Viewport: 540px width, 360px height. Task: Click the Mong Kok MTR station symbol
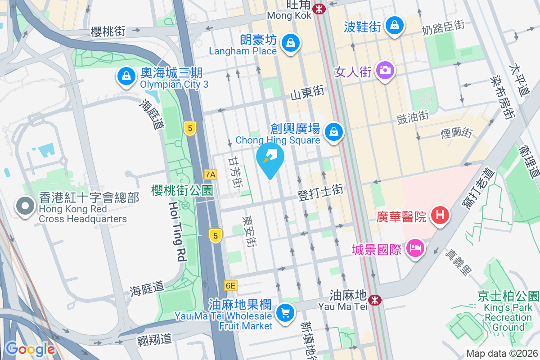pos(319,9)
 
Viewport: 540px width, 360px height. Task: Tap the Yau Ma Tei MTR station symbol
pos(374,300)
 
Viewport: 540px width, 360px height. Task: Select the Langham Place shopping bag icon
pos(291,43)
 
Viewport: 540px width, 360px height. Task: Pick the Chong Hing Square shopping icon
pos(334,132)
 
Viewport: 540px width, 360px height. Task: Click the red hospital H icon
pos(440,216)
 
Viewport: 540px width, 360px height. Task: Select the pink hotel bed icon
pos(414,247)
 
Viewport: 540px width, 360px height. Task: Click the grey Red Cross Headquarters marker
pos(24,207)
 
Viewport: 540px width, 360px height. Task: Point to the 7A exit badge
pos(210,174)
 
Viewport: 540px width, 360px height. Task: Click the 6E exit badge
pos(230,285)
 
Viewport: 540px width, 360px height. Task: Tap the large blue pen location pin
pos(270,158)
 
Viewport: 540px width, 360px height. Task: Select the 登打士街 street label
pos(320,193)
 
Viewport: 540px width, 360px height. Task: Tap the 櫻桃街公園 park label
pos(182,190)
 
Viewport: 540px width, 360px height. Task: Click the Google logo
pos(30,349)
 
